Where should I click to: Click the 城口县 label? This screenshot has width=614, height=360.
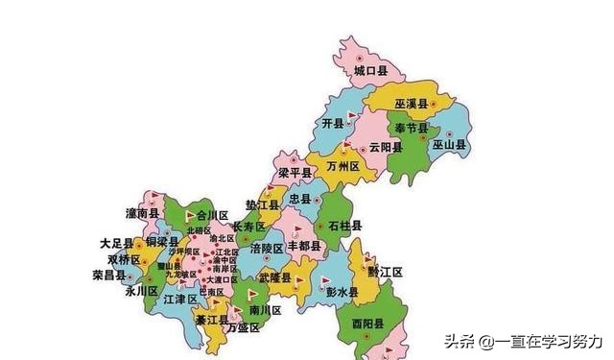pos(369,71)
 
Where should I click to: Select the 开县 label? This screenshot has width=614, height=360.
pos(332,126)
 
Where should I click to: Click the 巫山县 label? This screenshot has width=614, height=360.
pos(448,145)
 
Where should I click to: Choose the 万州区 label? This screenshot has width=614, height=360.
pos(342,166)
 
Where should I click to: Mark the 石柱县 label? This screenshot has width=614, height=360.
pos(344,226)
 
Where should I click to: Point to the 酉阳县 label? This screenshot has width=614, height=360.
pos(367,323)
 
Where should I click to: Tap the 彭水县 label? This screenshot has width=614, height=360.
pos(341,291)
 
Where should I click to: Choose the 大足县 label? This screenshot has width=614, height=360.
pos(117,244)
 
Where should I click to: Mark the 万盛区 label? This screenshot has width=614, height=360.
pos(244,328)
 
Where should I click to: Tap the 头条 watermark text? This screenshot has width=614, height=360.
pos(458,341)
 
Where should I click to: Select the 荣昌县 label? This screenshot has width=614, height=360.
pos(110,274)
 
